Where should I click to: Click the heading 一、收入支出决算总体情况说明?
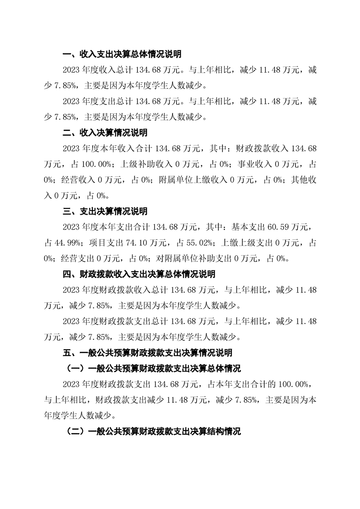(x=122, y=54)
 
